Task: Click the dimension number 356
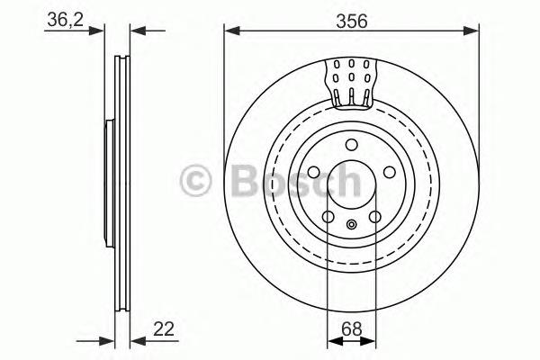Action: (x=351, y=20)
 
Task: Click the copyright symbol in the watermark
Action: (x=196, y=181)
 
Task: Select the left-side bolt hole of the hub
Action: (x=312, y=175)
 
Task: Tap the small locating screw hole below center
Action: (x=351, y=224)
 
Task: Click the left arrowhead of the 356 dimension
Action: (x=230, y=32)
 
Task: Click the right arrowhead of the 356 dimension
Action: (x=472, y=32)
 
